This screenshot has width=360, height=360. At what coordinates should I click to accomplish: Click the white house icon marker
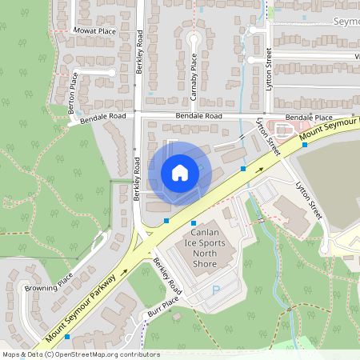coord(180,172)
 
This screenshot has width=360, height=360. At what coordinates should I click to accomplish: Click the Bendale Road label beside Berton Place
coord(102,118)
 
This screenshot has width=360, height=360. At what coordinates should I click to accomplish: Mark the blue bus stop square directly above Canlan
coord(194,223)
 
